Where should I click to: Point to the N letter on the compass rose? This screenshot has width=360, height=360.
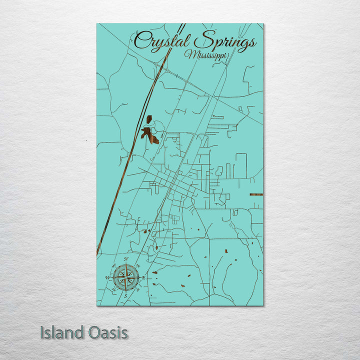coord(126,259)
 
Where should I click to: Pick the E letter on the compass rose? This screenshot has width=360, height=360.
coord(144,277)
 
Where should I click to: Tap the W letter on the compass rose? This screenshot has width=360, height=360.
coord(106,277)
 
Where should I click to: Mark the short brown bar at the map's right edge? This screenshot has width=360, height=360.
coord(256,194)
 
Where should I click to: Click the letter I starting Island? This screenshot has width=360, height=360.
coord(42,332)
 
